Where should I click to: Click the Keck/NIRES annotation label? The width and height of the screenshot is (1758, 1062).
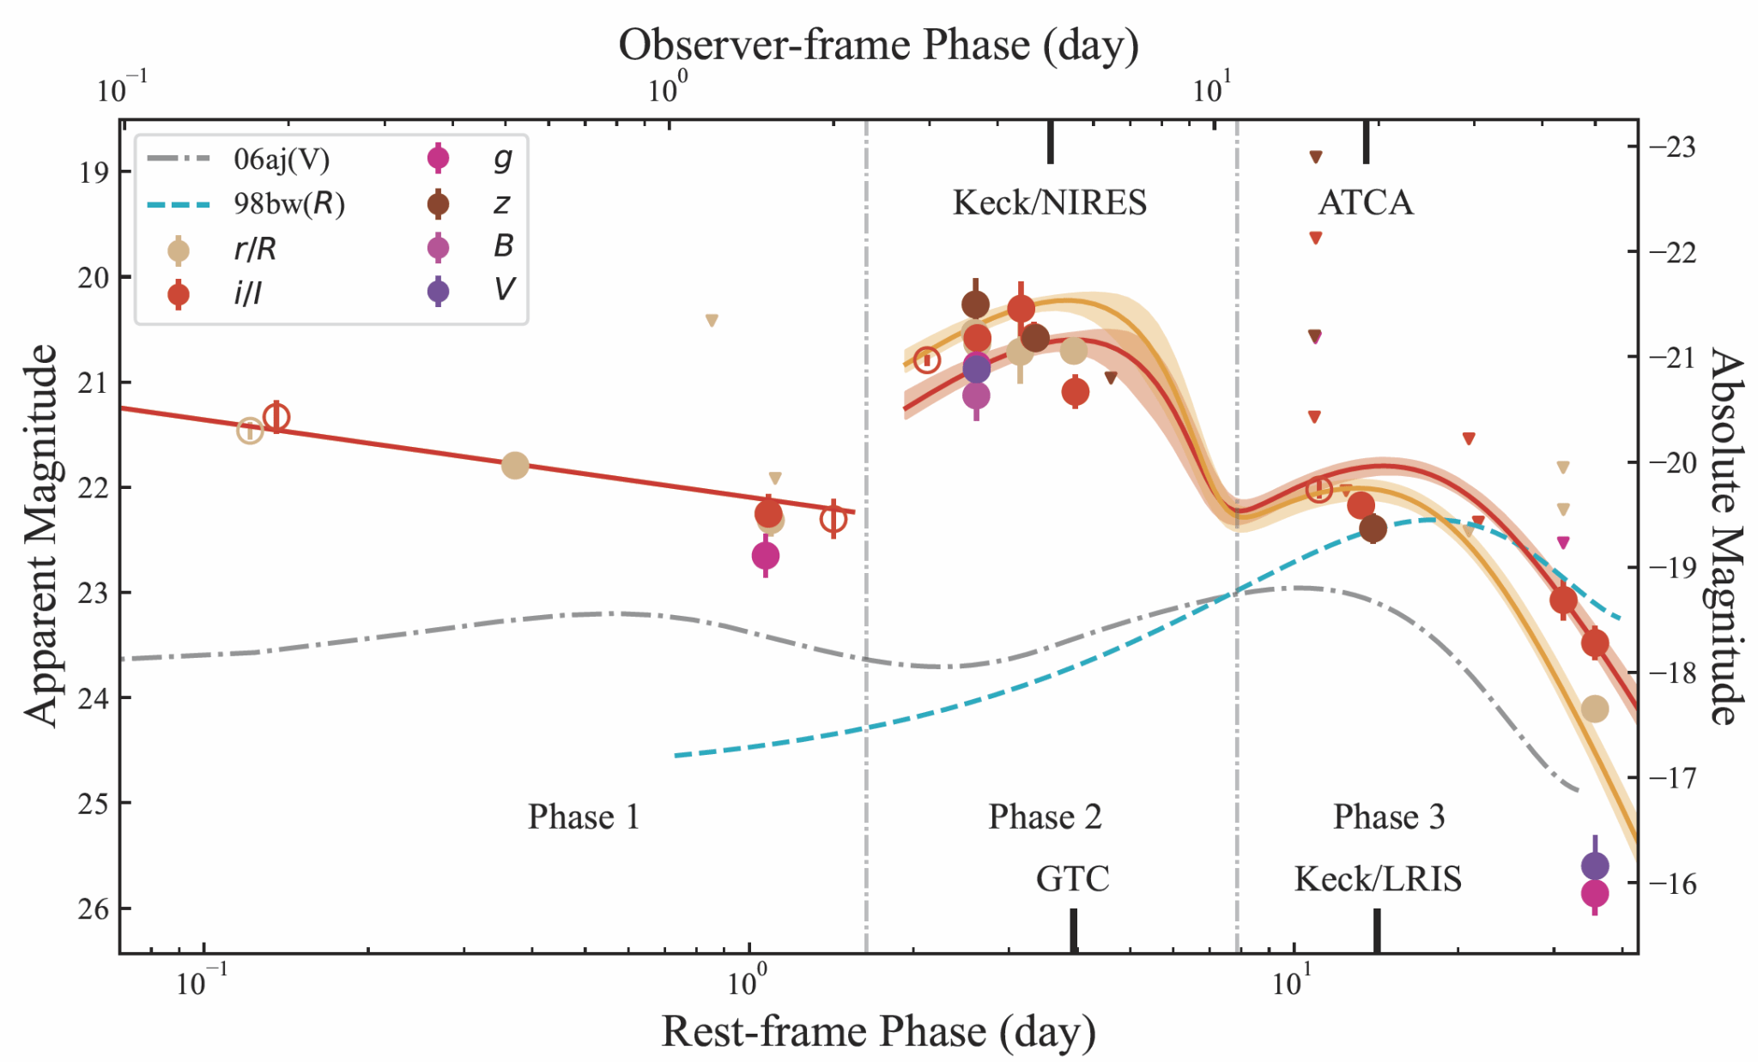point(1049,203)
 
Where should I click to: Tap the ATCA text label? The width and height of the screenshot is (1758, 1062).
point(1365,203)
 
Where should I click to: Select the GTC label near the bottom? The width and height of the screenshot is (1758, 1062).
point(1072,879)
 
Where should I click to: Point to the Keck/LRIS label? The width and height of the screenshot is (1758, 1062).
point(1377,879)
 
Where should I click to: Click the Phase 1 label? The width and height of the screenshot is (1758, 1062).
point(584,817)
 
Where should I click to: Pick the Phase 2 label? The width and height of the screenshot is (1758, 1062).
point(1045,817)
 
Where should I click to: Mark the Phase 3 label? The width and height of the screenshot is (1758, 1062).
point(1388,817)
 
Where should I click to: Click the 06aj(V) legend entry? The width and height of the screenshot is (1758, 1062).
point(282,160)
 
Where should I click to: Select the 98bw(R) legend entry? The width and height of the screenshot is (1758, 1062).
point(289,204)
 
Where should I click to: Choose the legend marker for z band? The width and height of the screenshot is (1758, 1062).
point(439,204)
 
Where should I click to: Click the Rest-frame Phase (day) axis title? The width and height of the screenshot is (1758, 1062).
point(878,1032)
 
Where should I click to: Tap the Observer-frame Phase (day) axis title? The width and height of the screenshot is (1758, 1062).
point(878,45)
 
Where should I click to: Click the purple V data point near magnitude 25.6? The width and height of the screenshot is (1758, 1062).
point(1594,866)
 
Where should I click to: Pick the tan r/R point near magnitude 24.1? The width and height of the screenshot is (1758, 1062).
point(1594,709)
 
